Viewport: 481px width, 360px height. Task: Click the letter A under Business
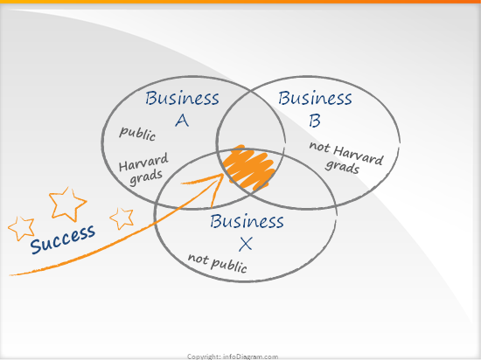(182, 121)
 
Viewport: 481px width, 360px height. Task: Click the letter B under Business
(315, 121)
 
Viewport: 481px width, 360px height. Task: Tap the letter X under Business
(246, 244)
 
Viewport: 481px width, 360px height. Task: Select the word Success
(63, 239)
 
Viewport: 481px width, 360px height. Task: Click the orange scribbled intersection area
(249, 167)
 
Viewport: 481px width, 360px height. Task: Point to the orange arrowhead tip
(223, 174)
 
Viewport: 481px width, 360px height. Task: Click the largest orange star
(67, 204)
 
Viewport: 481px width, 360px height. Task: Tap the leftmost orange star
(21, 228)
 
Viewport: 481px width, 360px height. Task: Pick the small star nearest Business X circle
(122, 218)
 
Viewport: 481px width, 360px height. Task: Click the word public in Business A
(137, 134)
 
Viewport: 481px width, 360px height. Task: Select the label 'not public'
(218, 263)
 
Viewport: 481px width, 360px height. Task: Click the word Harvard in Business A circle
(143, 162)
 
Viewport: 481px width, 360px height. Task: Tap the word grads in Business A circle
(146, 177)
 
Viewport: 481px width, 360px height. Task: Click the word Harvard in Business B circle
(359, 155)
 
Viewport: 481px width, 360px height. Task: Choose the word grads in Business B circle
(342, 167)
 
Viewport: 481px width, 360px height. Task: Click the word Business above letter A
(182, 98)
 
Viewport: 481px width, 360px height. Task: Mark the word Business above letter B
(315, 98)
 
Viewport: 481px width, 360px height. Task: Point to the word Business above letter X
(247, 221)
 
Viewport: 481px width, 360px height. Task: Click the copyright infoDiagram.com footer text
(233, 357)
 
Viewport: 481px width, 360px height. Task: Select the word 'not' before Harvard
(319, 147)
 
